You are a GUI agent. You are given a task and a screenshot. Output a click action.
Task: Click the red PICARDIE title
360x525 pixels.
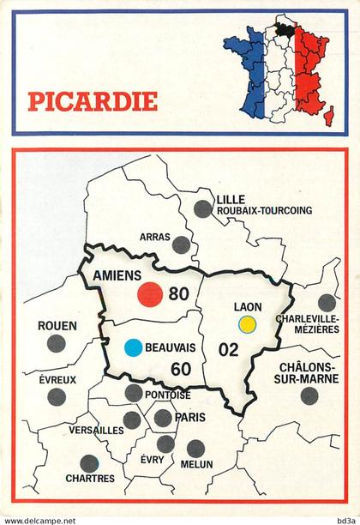coord(93,101)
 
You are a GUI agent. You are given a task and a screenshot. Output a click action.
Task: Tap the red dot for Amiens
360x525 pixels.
coord(150,294)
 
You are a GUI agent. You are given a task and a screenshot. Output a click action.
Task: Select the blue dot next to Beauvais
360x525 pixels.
coord(133,347)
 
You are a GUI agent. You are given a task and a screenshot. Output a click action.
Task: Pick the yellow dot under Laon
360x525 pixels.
coord(249,324)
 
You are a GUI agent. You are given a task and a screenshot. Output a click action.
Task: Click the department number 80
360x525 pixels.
coord(178,294)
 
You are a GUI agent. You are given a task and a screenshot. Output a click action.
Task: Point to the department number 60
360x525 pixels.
coord(180,370)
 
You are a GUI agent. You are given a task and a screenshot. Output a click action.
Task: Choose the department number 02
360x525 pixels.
coord(228,349)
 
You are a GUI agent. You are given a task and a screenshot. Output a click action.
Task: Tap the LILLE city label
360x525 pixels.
coord(231,198)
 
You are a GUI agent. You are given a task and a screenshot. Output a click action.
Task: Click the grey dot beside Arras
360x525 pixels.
coord(180,245)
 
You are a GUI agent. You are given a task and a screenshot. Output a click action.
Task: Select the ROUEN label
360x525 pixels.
coord(57,326)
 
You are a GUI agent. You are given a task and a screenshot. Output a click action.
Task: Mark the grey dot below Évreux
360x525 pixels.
coord(57,396)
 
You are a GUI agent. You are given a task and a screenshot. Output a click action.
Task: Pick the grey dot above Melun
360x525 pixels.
coord(195,447)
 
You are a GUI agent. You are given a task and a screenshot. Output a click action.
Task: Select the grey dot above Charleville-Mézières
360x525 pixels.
coord(327,302)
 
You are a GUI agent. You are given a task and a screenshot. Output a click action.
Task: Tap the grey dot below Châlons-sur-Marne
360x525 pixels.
coord(309,395)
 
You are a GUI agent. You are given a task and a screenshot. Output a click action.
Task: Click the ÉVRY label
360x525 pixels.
coord(152,459)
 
